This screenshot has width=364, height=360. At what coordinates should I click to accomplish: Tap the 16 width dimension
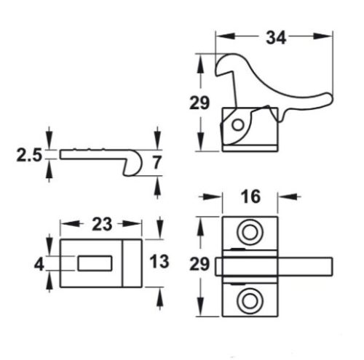(250, 197)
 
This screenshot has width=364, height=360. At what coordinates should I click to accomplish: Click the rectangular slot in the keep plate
(92, 261)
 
